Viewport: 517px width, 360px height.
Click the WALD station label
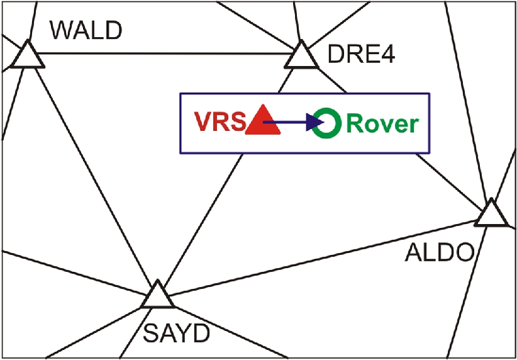point(86,30)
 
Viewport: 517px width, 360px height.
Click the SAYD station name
point(175,334)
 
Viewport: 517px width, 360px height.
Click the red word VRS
point(218,123)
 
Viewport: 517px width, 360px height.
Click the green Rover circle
point(328,122)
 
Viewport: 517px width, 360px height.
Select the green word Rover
point(382,123)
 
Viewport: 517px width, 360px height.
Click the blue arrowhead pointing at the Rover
point(314,123)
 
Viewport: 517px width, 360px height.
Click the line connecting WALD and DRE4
point(164,53)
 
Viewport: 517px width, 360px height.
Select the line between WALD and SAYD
point(88,170)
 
